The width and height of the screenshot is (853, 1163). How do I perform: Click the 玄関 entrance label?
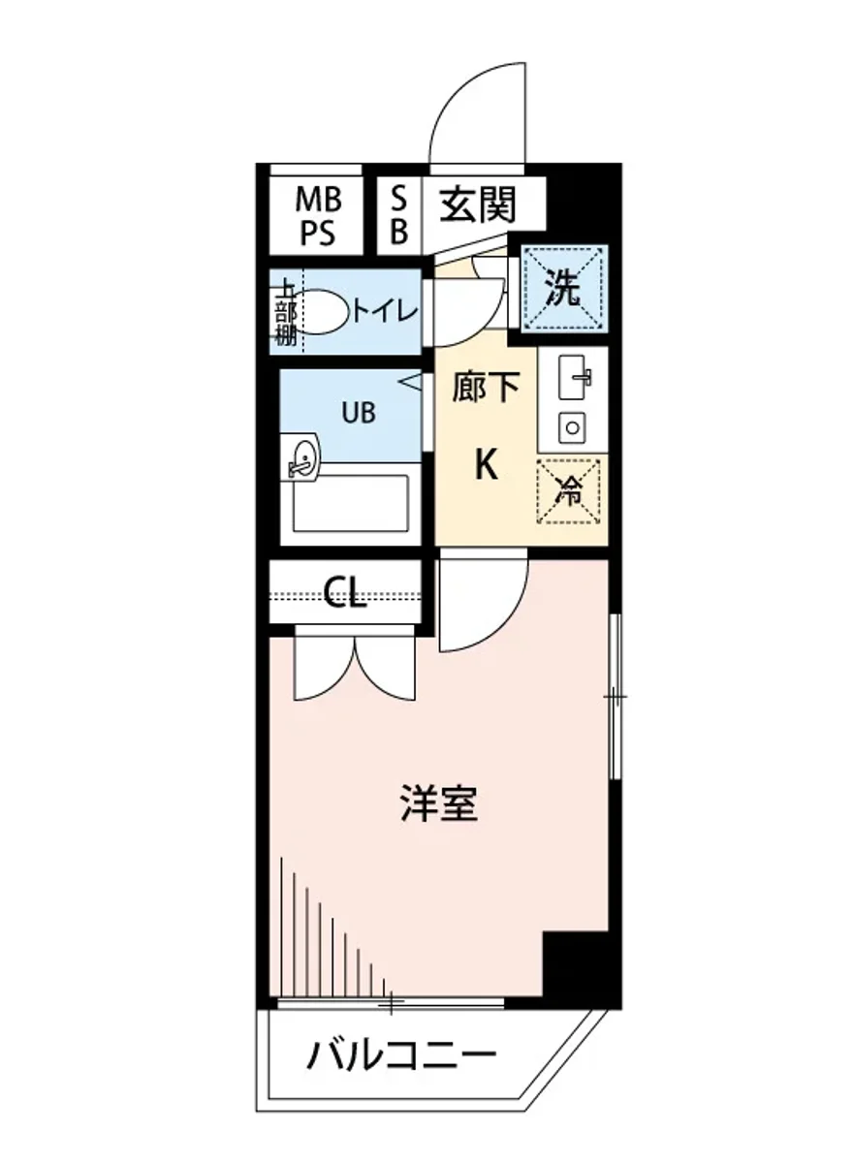point(478,204)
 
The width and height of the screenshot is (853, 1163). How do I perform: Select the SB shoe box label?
point(399,217)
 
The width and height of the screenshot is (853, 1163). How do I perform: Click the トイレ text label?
point(384,311)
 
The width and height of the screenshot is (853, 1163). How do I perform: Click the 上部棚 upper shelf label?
point(285,313)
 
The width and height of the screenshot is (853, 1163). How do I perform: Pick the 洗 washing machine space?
point(561,290)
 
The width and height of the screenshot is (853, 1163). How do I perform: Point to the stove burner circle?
point(572,425)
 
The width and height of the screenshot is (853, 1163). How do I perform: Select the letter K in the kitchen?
point(485,467)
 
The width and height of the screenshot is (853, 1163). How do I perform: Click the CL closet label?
point(345,593)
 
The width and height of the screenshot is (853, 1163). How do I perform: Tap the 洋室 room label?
point(439,803)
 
